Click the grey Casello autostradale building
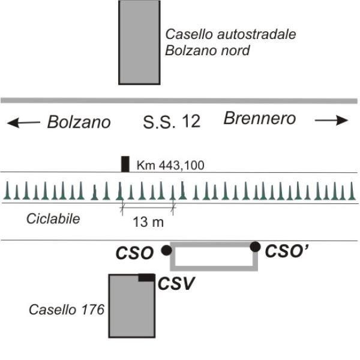(139, 42)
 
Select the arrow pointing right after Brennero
(331, 121)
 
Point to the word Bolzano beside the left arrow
(79, 122)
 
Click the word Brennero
(259, 119)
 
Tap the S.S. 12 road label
(171, 122)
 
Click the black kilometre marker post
(125, 164)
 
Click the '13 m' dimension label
(148, 222)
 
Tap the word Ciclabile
(53, 218)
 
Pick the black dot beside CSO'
(255, 246)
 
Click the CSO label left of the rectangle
(136, 252)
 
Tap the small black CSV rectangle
(146, 277)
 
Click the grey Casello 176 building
(132, 309)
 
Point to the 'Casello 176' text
(67, 310)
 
